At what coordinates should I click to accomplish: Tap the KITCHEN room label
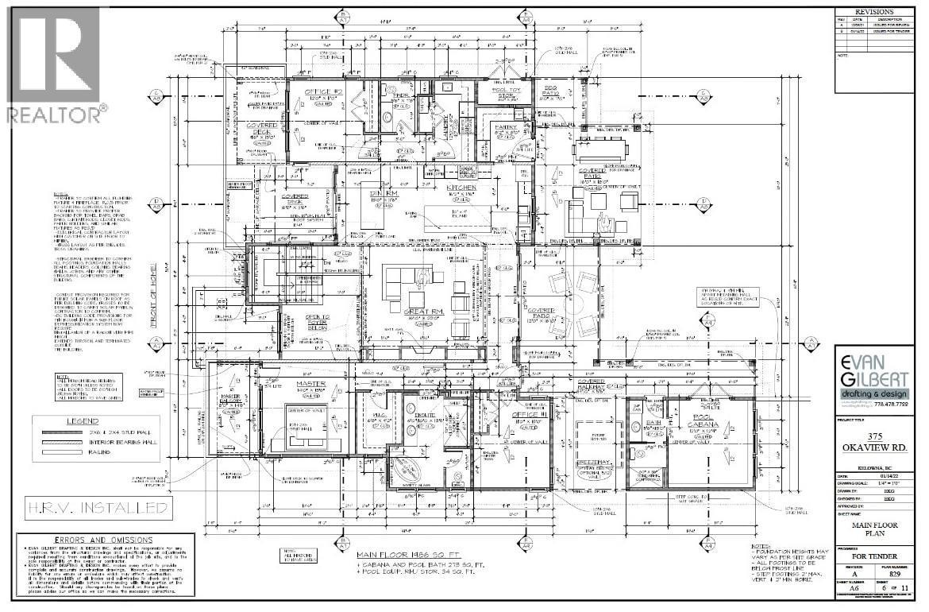(x=461, y=188)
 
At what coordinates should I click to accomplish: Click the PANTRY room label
(x=506, y=127)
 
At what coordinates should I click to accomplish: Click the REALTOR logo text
(x=55, y=114)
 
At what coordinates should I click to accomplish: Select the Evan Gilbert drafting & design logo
(x=873, y=381)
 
